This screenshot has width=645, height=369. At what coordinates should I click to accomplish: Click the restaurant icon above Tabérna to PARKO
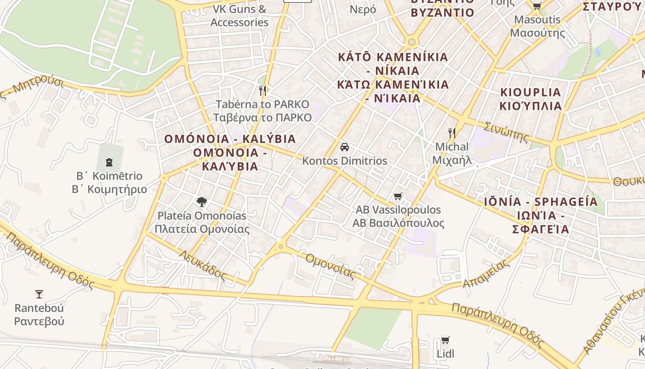click(263, 90)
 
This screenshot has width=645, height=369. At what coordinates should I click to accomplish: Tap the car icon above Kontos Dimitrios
click(344, 147)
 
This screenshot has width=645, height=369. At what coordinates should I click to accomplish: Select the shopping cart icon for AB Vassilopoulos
click(398, 196)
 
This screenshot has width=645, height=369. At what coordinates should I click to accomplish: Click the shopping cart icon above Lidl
click(445, 340)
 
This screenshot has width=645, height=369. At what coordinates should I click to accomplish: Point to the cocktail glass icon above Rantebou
click(39, 294)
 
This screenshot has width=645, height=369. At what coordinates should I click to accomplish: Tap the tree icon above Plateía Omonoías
click(201, 202)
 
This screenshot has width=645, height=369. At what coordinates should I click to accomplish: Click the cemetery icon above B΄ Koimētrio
click(109, 162)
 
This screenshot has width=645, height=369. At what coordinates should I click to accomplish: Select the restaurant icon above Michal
click(452, 133)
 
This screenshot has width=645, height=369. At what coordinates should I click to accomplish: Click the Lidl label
click(445, 354)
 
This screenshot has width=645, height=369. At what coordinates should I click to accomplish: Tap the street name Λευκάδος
click(203, 265)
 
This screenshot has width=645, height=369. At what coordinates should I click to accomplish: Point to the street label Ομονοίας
click(330, 266)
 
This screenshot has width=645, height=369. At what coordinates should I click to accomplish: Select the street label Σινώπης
click(506, 131)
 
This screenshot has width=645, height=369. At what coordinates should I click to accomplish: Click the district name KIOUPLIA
click(531, 92)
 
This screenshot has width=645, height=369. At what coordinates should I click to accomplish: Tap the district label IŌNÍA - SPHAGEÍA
click(541, 202)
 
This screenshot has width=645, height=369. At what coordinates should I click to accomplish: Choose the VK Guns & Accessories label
click(240, 15)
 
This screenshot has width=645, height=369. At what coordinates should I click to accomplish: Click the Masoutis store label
click(537, 20)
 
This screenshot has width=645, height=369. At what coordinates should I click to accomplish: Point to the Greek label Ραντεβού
click(39, 321)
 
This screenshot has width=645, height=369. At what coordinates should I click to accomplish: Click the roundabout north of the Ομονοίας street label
click(281, 247)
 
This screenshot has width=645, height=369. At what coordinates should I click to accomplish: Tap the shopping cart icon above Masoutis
click(537, 6)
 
